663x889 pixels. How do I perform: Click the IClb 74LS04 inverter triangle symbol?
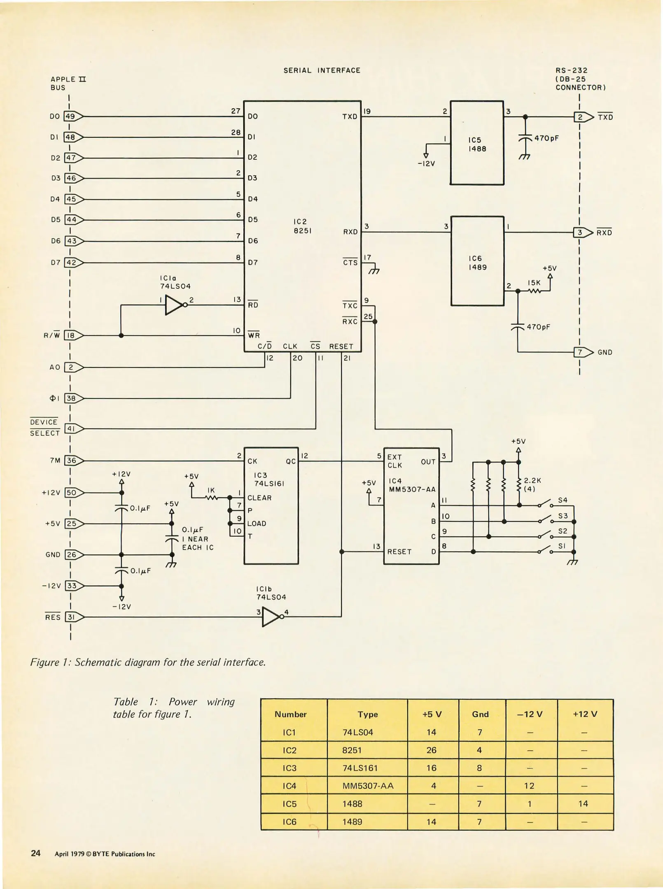pyautogui.click(x=271, y=617)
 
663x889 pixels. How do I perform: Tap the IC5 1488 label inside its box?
pyautogui.click(x=477, y=144)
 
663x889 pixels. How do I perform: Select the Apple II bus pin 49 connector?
pyautogui.click(x=72, y=116)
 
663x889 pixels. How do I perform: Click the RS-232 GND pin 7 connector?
pyautogui.click(x=581, y=352)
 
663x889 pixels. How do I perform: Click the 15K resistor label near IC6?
pyautogui.click(x=534, y=283)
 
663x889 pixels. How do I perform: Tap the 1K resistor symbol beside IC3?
pyautogui.click(x=211, y=498)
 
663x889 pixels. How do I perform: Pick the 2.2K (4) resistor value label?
pyautogui.click(x=532, y=484)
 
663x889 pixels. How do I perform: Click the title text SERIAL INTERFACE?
pyautogui.click(x=322, y=70)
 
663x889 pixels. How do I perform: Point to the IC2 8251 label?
pyautogui.click(x=302, y=226)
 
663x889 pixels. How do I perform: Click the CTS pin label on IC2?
pyautogui.click(x=350, y=262)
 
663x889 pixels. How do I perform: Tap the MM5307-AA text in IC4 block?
pyautogui.click(x=412, y=489)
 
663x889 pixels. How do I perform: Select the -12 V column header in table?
pyautogui.click(x=530, y=714)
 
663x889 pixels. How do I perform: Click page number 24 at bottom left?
pyautogui.click(x=36, y=854)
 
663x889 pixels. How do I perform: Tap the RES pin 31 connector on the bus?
pyautogui.click(x=73, y=617)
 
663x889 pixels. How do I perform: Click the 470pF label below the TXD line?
pyautogui.click(x=546, y=138)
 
